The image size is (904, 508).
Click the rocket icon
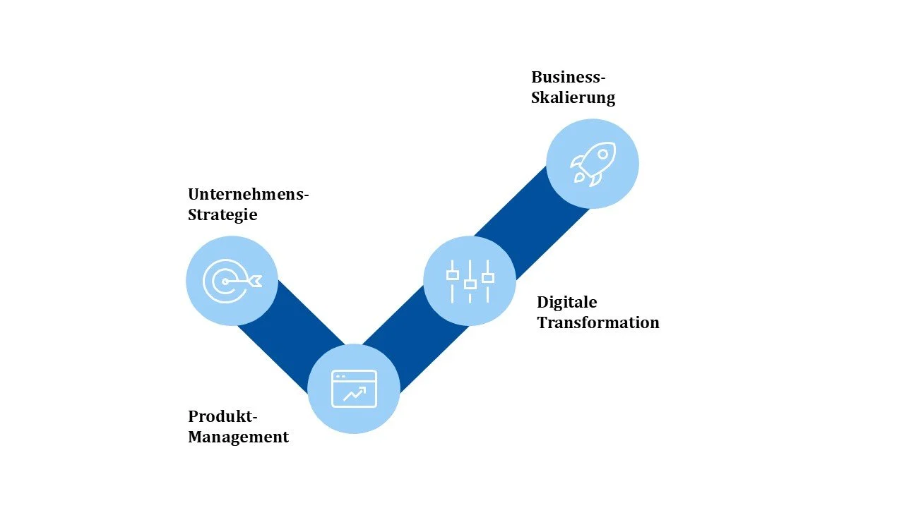(593, 164)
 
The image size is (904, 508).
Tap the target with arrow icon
(232, 281)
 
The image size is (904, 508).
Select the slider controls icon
(470, 280)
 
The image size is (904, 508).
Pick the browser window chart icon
(354, 389)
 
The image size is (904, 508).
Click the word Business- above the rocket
(569, 77)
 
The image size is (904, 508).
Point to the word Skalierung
(573, 97)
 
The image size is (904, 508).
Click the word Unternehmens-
(249, 194)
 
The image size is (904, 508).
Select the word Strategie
(222, 214)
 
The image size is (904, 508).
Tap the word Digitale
(566, 302)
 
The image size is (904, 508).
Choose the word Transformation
(597, 322)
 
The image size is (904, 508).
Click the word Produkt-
(222, 416)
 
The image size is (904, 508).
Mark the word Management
(238, 437)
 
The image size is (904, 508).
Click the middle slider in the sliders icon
(470, 284)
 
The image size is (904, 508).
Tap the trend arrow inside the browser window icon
(355, 394)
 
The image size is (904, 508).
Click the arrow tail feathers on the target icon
(255, 281)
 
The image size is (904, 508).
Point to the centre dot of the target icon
(225, 282)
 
